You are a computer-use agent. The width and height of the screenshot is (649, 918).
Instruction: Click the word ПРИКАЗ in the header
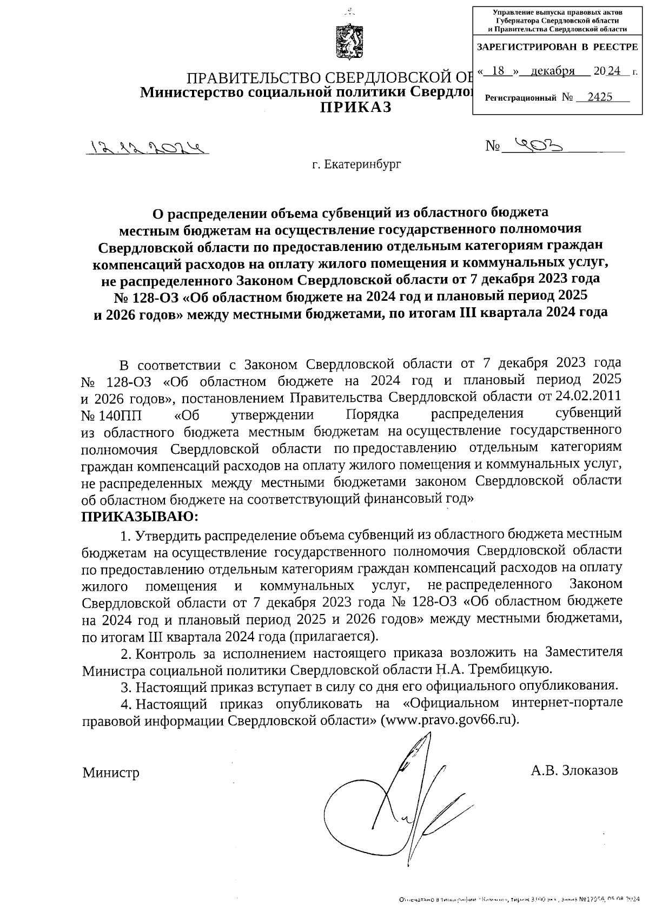(x=355, y=107)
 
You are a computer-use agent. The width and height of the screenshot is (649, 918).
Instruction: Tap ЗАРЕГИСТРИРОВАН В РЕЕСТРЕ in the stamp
(x=557, y=47)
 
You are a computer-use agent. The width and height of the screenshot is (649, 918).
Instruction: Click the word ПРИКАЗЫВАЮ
(x=140, y=516)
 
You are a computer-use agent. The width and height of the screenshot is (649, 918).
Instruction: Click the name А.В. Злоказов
(x=574, y=770)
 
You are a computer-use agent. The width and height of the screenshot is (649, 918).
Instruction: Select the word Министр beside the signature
(x=111, y=772)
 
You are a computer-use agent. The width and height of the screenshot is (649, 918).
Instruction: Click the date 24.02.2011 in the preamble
(x=588, y=397)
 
